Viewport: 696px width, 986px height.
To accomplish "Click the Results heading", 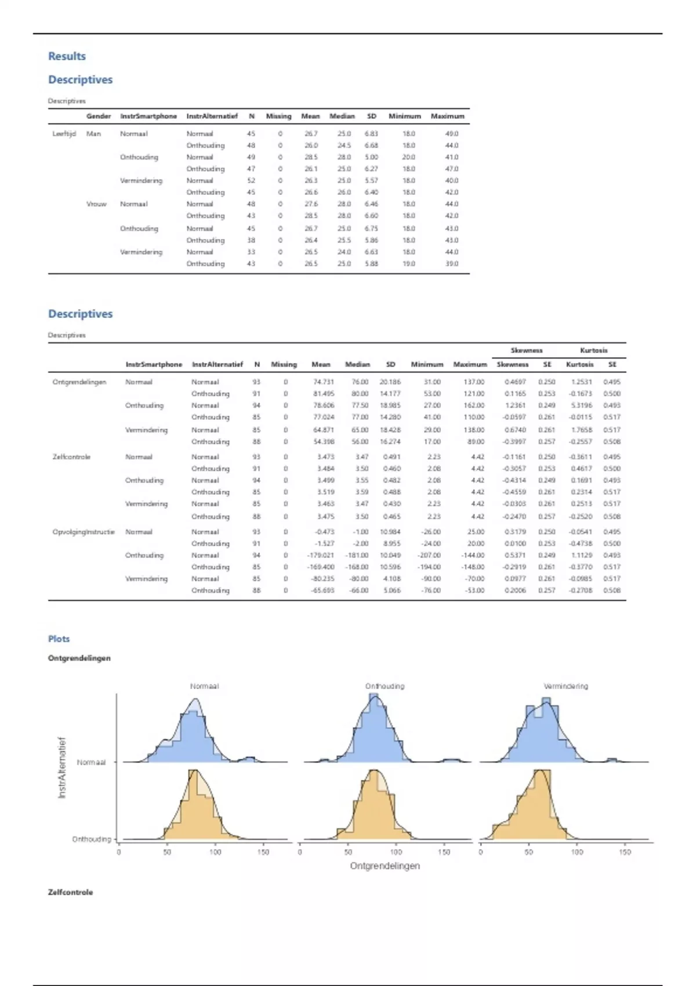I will (67, 56).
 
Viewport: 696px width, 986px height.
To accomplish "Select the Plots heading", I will (59, 639).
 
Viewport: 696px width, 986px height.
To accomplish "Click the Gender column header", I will (99, 116).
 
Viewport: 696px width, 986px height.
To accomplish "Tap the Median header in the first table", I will (342, 116).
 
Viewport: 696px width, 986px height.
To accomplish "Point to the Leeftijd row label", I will (61, 134).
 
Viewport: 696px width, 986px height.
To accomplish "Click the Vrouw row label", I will (96, 204).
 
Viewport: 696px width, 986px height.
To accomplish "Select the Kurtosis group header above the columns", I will (593, 350).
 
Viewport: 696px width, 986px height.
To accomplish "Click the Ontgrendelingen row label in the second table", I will (79, 382).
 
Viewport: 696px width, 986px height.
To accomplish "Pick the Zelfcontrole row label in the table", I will (71, 457).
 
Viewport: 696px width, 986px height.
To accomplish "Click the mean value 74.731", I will (324, 382).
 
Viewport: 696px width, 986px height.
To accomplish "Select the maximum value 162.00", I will (473, 405).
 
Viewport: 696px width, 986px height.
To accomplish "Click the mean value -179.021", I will (321, 555).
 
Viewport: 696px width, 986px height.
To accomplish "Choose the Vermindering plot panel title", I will (565, 686).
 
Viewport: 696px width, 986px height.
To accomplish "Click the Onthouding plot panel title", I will (385, 686).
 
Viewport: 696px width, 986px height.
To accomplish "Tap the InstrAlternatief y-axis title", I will (62, 767).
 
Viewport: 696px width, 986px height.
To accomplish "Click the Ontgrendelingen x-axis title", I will (385, 865).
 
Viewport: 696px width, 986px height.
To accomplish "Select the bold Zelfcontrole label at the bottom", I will (70, 892).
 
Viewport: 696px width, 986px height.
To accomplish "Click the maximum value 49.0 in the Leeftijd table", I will (451, 134).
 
